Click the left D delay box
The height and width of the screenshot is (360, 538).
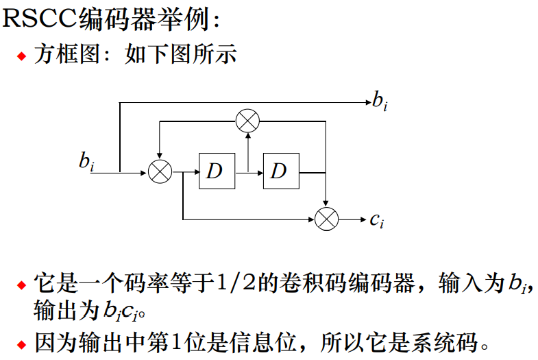point(217,171)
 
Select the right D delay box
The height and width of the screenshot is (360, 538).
point(280,171)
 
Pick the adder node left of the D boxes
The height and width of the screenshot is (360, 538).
point(160,171)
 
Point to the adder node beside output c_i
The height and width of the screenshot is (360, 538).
point(327,219)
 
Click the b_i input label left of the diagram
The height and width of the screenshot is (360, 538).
point(86,162)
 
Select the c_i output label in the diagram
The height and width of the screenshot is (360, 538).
point(376,220)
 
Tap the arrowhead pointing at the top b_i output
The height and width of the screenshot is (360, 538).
point(365,103)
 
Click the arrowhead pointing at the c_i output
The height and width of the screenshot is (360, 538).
point(362,219)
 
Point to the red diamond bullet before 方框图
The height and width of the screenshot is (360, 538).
point(22,56)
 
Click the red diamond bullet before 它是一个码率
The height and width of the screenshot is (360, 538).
point(22,285)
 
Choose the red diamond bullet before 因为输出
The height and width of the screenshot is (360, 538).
point(22,341)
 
